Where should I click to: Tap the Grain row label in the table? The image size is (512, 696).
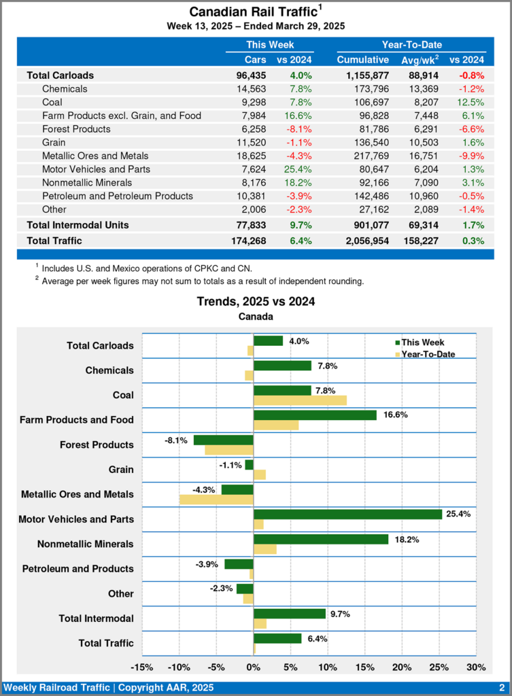pos(54,142)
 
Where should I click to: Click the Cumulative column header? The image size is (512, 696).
pos(362,60)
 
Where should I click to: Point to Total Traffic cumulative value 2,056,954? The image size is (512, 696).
pos(376,241)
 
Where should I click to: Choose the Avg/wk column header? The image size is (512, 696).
pos(418,60)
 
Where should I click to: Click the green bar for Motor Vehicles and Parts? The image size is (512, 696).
pos(347,514)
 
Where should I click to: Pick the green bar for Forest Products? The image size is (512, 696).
pos(223,440)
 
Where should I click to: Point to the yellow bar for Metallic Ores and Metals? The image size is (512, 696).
pos(216,500)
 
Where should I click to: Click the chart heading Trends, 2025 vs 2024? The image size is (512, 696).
pos(256,302)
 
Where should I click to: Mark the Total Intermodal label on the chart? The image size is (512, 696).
pos(96,618)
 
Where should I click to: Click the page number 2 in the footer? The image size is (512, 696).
pos(501,688)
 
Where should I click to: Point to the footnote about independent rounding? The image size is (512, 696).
pos(203,281)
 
